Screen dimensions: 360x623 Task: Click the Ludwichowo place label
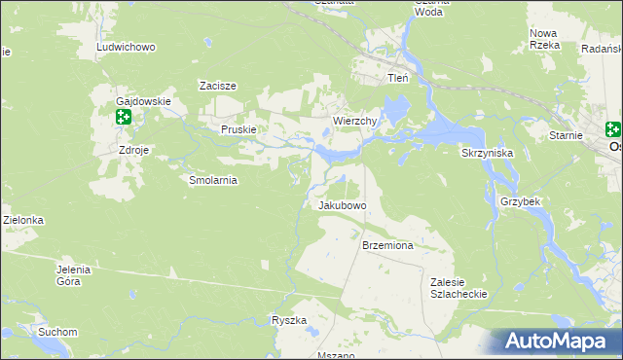pyautogui.click(x=126, y=47)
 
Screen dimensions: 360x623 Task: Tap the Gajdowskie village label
pyautogui.click(x=143, y=101)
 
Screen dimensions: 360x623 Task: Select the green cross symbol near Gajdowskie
pyautogui.click(x=124, y=118)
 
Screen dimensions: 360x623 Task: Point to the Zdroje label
pyautogui.click(x=133, y=151)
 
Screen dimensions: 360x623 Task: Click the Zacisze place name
pyautogui.click(x=219, y=86)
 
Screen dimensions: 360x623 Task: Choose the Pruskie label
pyautogui.click(x=238, y=129)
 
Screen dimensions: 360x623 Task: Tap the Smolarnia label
pyautogui.click(x=213, y=180)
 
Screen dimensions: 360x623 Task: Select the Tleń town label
pyautogui.click(x=397, y=78)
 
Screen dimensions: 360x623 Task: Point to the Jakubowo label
pyautogui.click(x=342, y=206)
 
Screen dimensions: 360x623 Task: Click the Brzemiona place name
pyautogui.click(x=387, y=246)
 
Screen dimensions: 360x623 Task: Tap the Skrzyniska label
pyautogui.click(x=486, y=154)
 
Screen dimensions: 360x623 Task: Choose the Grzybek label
pyautogui.click(x=520, y=200)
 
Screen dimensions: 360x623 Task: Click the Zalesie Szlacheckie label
pyautogui.click(x=458, y=287)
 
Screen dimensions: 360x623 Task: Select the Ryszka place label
pyautogui.click(x=289, y=320)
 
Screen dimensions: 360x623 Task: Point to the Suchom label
pyautogui.click(x=57, y=332)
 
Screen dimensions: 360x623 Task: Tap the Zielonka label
pyautogui.click(x=22, y=221)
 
